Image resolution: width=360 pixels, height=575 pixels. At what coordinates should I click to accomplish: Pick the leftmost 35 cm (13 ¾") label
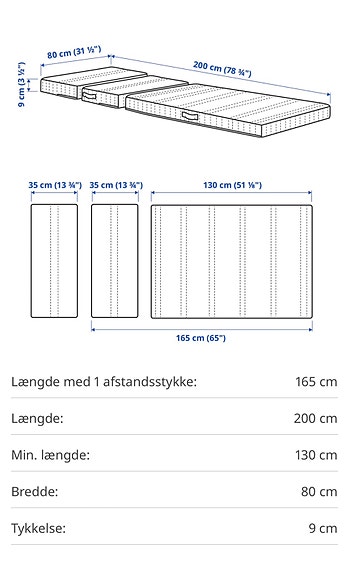point(54,186)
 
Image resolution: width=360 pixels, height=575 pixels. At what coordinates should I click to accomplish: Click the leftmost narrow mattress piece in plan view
point(54,261)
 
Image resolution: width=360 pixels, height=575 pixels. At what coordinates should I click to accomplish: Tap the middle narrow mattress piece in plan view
point(115,261)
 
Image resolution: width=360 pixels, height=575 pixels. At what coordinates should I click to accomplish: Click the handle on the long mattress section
point(190,121)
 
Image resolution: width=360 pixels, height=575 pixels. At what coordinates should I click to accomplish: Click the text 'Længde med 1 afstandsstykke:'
point(103,382)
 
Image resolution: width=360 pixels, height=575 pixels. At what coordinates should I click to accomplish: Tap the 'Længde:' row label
point(38,418)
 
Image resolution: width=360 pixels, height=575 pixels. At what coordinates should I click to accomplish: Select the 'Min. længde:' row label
point(50,455)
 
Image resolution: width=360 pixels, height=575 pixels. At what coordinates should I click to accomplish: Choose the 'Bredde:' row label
point(34,491)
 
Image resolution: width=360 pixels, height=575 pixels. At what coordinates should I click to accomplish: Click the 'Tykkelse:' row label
point(38,528)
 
